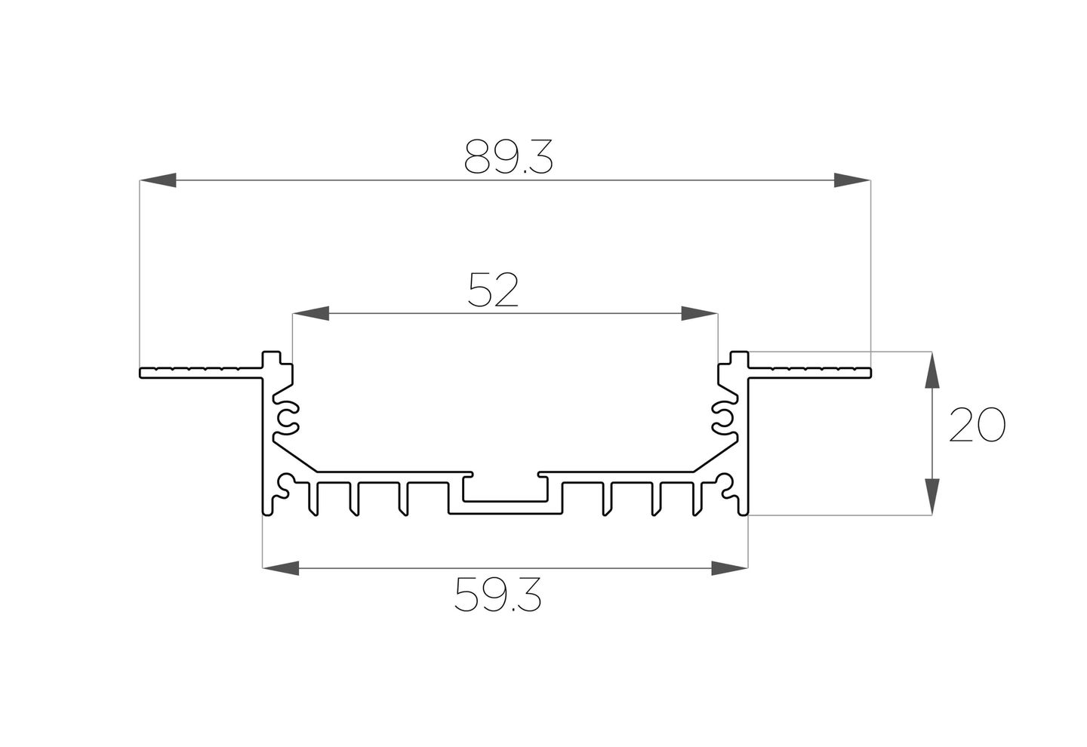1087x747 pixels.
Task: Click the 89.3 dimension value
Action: click(x=508, y=157)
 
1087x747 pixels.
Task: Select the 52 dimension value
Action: click(x=494, y=290)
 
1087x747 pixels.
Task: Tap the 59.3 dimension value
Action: click(x=497, y=595)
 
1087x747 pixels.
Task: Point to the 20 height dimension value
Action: click(x=978, y=425)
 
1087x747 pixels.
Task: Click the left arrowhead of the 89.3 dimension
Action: click(x=158, y=180)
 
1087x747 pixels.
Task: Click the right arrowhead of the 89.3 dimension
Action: click(x=852, y=180)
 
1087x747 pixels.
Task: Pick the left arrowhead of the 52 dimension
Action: click(x=310, y=313)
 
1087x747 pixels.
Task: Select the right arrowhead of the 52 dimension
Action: click(x=699, y=313)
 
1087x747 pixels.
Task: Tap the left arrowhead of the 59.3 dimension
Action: click(x=281, y=568)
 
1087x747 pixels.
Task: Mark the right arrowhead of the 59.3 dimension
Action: click(x=729, y=568)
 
